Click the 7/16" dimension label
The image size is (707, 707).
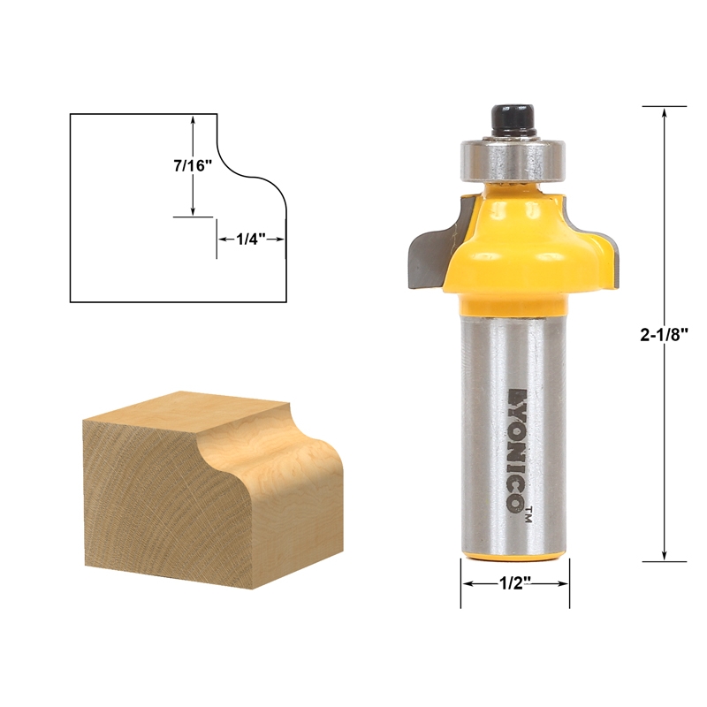193,165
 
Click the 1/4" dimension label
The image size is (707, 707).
251,238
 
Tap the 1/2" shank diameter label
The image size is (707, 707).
514,584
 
